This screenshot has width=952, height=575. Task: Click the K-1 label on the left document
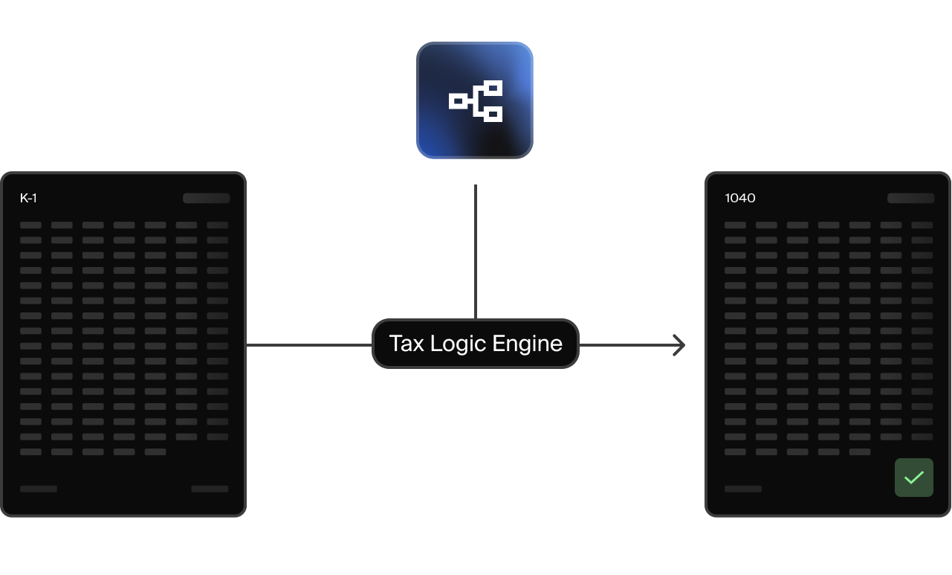28,198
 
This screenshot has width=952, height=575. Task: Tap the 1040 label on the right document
740,198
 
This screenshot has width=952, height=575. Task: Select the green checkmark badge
913,477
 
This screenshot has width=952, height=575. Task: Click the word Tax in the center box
405,344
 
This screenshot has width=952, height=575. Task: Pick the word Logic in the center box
459,344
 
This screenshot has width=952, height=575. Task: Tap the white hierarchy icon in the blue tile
476,100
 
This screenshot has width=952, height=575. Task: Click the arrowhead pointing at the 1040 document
679,345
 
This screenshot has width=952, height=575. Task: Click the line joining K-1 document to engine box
308,345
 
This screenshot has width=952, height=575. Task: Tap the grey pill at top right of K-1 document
207,198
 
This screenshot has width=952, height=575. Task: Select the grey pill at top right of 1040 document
910,198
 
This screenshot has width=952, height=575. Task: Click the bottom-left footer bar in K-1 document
39,489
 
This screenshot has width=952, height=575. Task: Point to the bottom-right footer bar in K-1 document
210,489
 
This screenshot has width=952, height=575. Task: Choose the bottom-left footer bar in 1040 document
743,489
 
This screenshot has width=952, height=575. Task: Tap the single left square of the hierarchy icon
458,101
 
